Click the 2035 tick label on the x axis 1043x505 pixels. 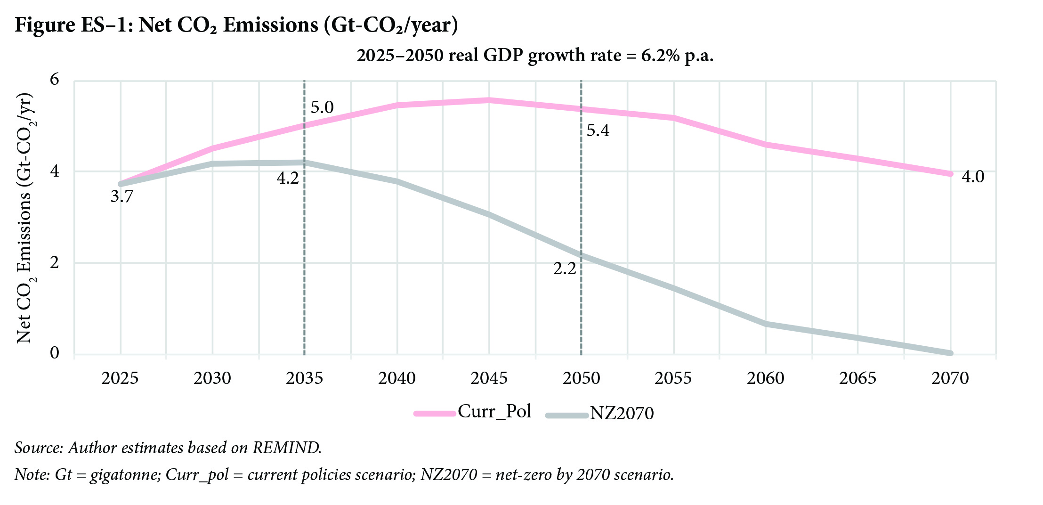[304, 378]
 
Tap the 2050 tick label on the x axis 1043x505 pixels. [581, 378]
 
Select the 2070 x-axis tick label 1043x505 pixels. [950, 378]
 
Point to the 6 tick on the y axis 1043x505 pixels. [55, 79]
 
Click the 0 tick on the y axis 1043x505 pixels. [55, 353]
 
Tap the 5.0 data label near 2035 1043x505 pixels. [322, 107]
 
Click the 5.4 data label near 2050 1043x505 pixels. [598, 130]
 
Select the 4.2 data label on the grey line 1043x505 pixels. [288, 179]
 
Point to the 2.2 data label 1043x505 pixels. [565, 269]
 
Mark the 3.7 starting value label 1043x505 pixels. [122, 196]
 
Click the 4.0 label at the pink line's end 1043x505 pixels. [973, 177]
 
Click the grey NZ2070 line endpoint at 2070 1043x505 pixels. [950, 353]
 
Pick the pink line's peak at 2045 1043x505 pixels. [489, 100]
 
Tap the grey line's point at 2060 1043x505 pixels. [766, 324]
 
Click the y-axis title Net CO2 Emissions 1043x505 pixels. [24, 219]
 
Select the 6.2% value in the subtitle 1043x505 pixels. [660, 56]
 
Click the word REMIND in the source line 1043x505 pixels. [287, 448]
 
